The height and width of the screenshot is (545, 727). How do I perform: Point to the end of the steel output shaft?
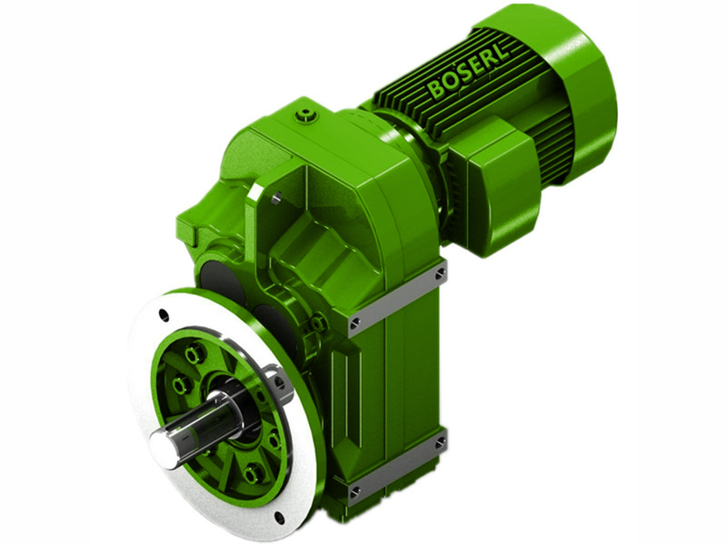pyautogui.click(x=164, y=445)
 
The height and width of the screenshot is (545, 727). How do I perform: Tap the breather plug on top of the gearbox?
pyautogui.click(x=307, y=114)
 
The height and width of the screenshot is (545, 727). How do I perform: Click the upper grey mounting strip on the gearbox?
pyautogui.click(x=398, y=297)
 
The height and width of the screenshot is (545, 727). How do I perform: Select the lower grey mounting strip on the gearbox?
pyautogui.click(x=396, y=468)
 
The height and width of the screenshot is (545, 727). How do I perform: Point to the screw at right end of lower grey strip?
pyautogui.click(x=440, y=443)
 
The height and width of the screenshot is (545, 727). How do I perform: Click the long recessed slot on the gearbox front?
pyautogui.click(x=360, y=391)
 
